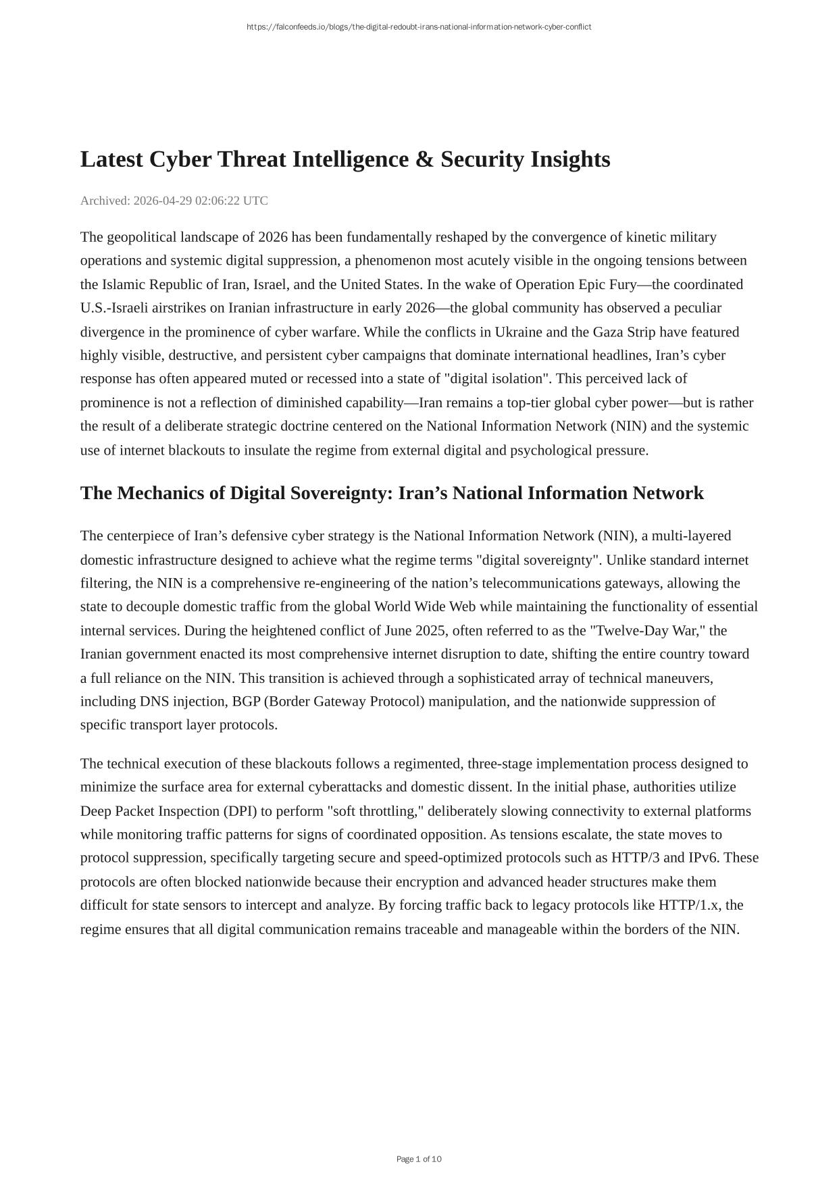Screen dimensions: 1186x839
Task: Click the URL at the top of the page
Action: pos(419,27)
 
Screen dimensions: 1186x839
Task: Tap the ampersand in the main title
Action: pos(424,159)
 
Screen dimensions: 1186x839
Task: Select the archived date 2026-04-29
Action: pos(162,201)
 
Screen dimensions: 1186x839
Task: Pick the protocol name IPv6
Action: pos(703,858)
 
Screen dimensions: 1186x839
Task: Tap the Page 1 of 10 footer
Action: pos(419,1159)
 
